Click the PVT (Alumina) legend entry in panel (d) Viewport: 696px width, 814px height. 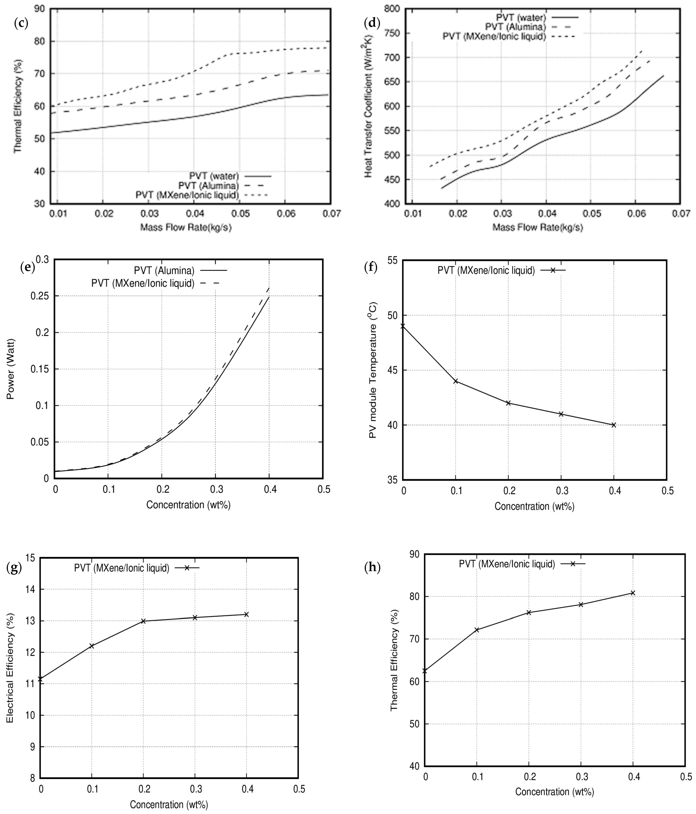[515, 27]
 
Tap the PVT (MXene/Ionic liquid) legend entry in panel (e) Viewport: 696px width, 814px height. [143, 283]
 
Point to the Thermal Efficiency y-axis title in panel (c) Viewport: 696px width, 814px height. [18, 106]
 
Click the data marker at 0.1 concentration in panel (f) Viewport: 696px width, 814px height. [456, 381]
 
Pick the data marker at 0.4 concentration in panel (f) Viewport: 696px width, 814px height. [613, 425]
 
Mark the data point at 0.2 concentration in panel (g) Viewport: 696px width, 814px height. [143, 621]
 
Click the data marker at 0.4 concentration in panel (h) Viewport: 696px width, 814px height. [633, 593]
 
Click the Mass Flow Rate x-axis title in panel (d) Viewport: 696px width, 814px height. [538, 227]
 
